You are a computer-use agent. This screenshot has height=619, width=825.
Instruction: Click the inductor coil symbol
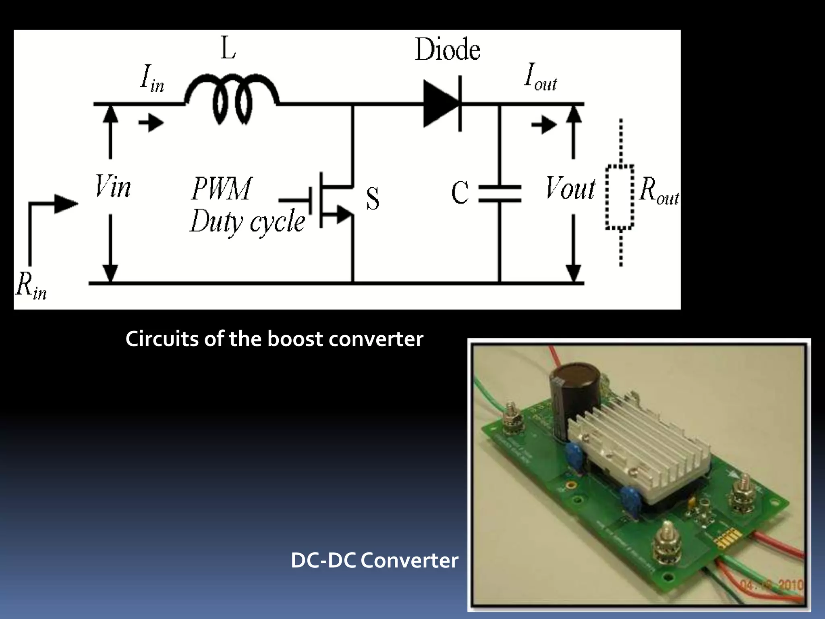[x=232, y=99]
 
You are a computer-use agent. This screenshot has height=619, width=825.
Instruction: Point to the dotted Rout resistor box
[x=620, y=197]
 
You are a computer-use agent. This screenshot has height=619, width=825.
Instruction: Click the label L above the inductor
[x=228, y=49]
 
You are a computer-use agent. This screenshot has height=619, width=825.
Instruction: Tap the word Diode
[x=448, y=50]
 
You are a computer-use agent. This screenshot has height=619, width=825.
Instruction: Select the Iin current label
[x=152, y=78]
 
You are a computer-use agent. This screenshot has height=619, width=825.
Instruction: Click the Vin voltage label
[x=113, y=187]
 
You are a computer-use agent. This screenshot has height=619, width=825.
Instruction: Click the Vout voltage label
[x=570, y=188]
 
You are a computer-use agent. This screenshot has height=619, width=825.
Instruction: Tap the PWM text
[x=222, y=189]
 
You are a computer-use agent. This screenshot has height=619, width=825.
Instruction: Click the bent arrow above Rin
[x=48, y=214]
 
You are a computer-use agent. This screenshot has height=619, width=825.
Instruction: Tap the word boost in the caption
[x=295, y=339]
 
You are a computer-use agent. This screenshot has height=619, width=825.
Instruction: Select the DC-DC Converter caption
[x=374, y=561]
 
